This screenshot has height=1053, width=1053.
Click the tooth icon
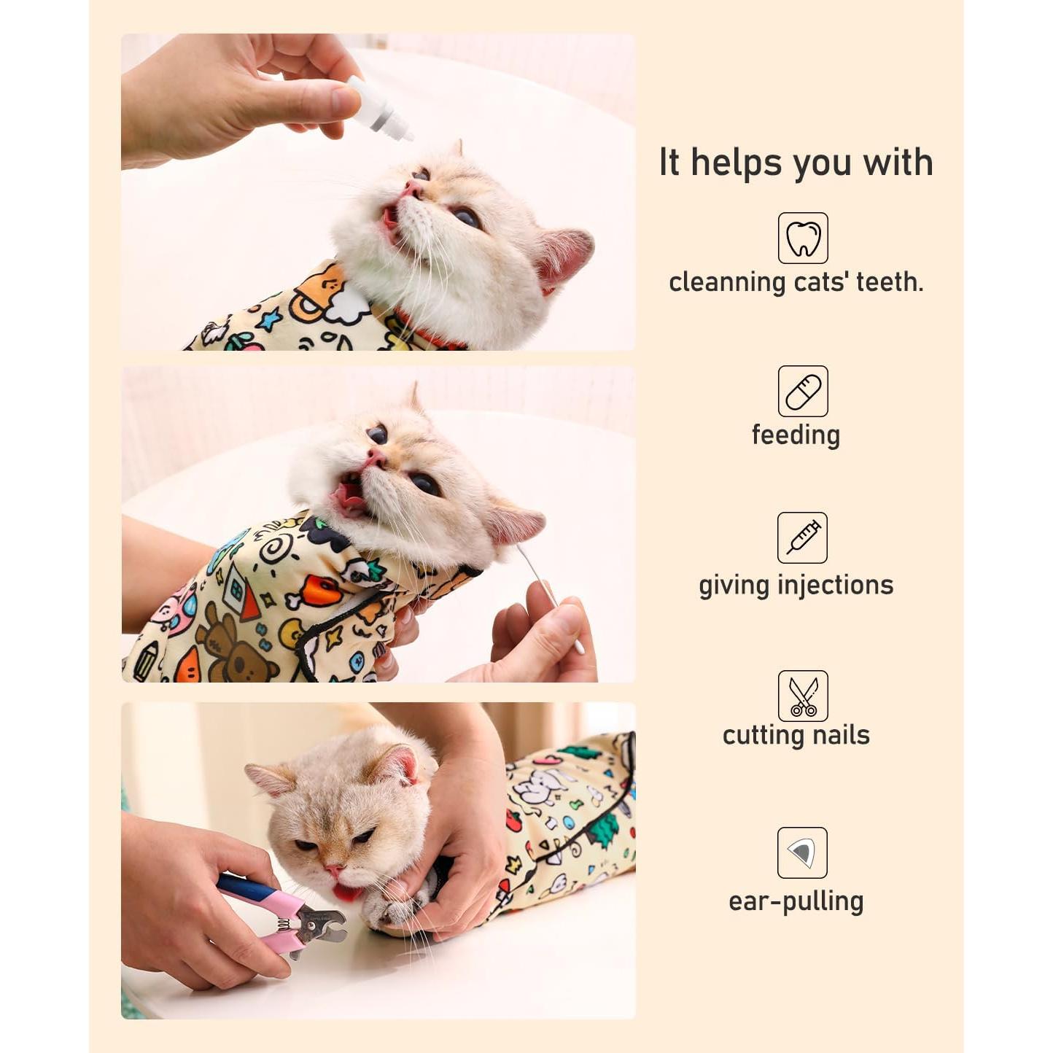click(803, 238)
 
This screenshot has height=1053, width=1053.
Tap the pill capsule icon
click(803, 392)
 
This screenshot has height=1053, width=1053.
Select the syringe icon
click(802, 538)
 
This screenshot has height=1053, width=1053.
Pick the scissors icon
click(803, 696)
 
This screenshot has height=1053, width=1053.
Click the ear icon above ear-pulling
click(802, 852)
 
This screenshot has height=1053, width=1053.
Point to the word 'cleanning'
click(726, 282)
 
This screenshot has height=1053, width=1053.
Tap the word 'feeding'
click(796, 435)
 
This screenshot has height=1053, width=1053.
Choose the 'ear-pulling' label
click(796, 902)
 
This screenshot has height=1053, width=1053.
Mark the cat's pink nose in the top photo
click(413, 190)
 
